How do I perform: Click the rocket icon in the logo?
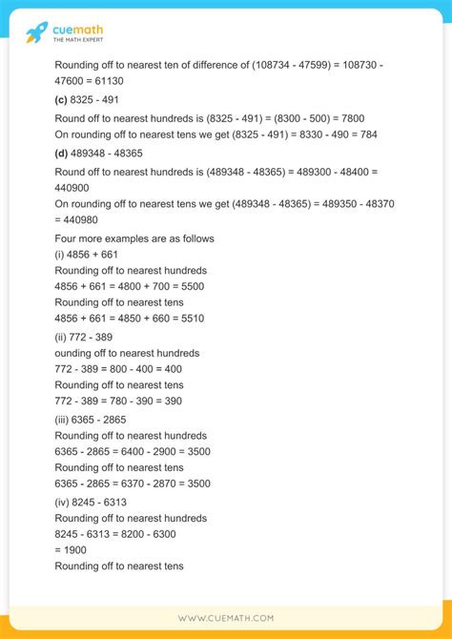tap(37, 32)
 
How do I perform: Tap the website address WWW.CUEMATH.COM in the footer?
tap(226, 617)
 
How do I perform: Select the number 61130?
tap(108, 82)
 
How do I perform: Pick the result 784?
tap(366, 134)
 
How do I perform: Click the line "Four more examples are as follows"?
tap(134, 238)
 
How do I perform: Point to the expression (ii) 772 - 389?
tap(92, 337)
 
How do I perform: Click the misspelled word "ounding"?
tap(79, 353)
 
